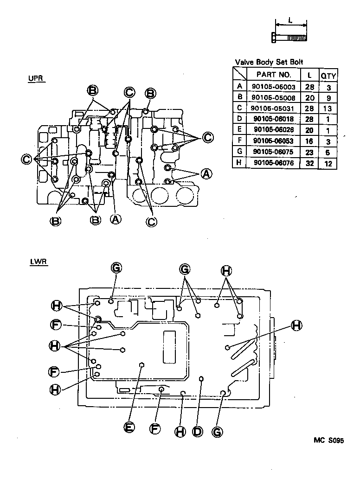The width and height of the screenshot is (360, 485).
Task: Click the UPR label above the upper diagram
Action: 36,78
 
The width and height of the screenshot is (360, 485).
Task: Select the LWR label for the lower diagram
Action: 37,262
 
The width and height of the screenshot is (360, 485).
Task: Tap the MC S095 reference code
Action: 328,441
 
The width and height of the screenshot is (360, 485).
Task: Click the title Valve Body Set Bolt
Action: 269,62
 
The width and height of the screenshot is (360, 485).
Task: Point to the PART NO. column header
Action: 275,74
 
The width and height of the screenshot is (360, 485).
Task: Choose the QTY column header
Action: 328,75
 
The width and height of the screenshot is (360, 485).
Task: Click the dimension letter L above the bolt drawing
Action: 290,20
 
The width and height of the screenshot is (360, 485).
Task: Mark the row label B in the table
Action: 239,97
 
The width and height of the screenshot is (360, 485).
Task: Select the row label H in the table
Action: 239,163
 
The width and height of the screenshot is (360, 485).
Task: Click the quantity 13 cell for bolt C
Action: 328,108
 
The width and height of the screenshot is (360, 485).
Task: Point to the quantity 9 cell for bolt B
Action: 328,97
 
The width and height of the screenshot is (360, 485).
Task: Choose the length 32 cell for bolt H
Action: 309,163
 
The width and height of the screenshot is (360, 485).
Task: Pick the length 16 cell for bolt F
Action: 309,141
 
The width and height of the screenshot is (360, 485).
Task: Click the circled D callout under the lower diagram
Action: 198,431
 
